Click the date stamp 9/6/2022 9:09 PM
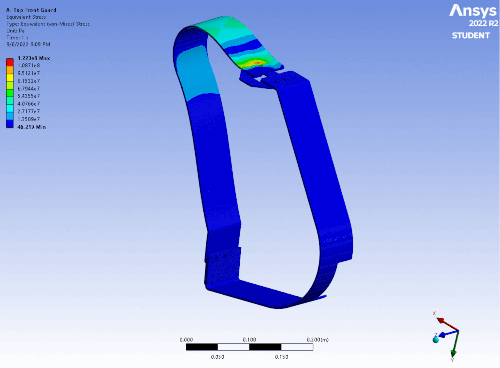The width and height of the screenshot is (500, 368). click(x=29, y=45)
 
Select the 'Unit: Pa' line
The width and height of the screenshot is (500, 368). click(x=17, y=31)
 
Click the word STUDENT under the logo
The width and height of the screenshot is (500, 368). click(x=471, y=36)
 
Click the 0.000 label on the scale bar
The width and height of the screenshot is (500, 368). click(x=186, y=340)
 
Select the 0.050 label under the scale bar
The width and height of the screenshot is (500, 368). click(x=218, y=357)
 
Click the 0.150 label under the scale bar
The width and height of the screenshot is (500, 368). click(x=281, y=357)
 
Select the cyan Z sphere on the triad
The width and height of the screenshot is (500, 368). click(x=436, y=340)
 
